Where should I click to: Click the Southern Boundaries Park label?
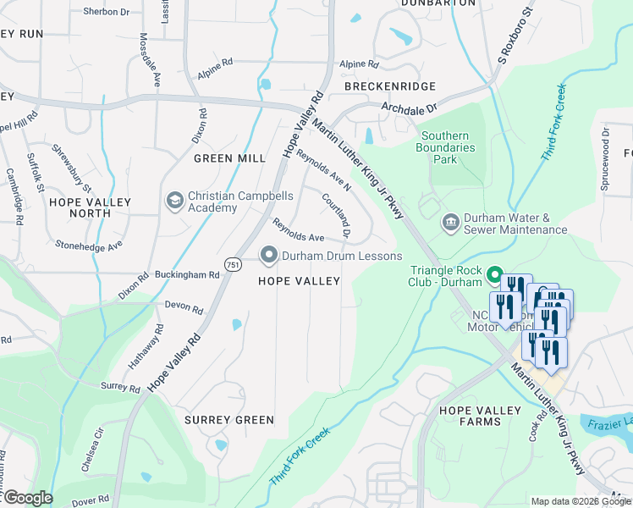pos(448,148)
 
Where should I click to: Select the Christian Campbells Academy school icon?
pos(175,201)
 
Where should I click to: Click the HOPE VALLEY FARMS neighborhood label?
pos(480,416)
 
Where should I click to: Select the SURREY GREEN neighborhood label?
pos(230,420)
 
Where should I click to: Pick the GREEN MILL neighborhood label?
pos(229,158)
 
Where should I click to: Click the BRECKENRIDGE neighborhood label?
pos(390,86)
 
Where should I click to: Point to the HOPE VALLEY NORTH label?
pos(90,207)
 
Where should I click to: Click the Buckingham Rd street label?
pos(188,275)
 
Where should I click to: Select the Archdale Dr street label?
pos(408,108)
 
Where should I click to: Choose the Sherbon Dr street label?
pos(106,12)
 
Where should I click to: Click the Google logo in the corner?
pos(27,498)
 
